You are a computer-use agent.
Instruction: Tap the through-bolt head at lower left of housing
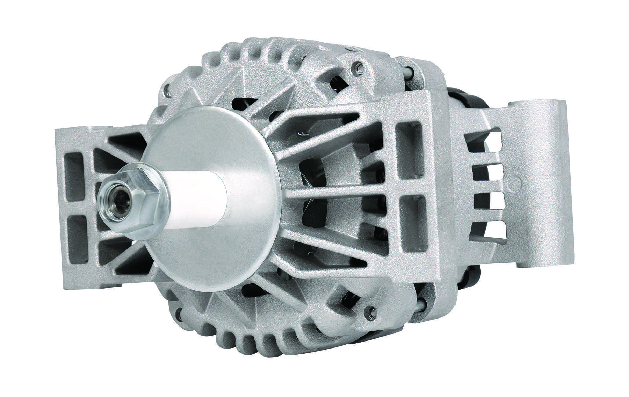coord(179,314)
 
